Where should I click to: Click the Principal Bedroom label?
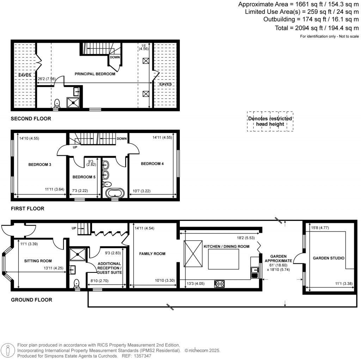(95, 74)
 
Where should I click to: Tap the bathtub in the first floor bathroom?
(115, 193)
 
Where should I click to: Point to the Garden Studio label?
(329, 258)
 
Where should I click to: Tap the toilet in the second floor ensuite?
(57, 103)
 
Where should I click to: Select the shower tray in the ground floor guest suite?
(75, 253)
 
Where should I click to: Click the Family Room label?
(152, 254)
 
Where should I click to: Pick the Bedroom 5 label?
(84, 177)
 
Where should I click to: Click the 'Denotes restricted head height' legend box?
(270, 121)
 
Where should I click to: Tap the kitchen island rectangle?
(224, 259)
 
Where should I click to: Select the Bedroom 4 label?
(152, 164)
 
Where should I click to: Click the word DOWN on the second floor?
(115, 57)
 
